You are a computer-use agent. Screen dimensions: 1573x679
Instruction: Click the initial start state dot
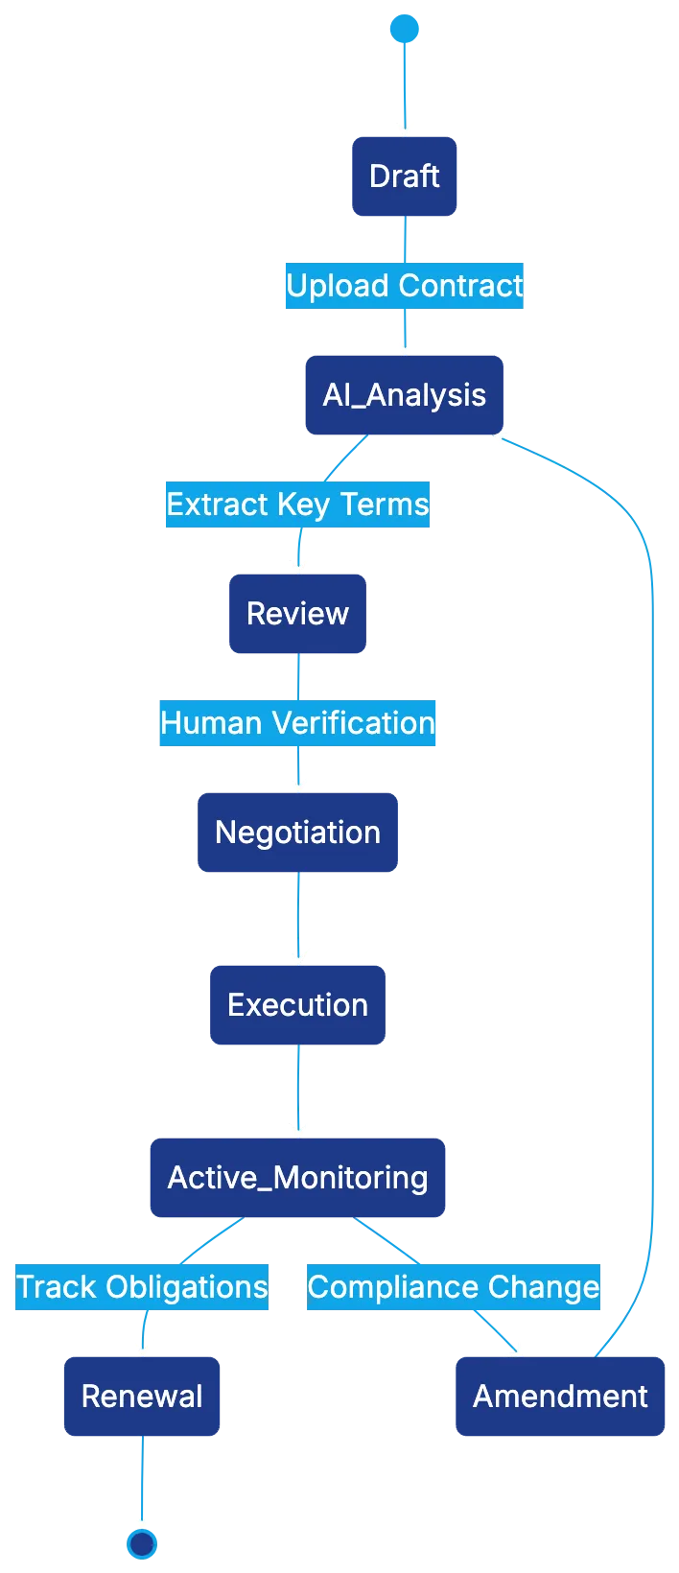click(405, 29)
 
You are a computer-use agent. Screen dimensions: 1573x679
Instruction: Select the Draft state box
click(404, 176)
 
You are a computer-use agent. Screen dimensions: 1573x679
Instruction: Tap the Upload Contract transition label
click(405, 286)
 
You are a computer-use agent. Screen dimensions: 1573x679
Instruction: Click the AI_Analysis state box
click(404, 395)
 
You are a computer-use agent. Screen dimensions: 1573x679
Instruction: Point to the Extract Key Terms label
click(296, 505)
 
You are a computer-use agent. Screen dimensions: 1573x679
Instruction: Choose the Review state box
click(297, 614)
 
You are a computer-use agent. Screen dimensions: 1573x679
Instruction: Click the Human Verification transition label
click(297, 723)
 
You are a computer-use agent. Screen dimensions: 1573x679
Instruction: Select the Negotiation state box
click(297, 833)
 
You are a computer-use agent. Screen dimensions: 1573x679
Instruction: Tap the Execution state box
click(297, 1005)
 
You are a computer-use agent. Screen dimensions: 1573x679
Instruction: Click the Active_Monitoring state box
click(297, 1178)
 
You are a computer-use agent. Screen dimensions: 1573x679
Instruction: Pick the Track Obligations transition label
click(142, 1287)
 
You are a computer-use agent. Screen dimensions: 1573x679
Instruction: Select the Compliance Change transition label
click(454, 1287)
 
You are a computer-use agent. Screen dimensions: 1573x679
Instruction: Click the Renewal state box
click(142, 1397)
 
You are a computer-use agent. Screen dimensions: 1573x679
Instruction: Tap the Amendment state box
click(560, 1397)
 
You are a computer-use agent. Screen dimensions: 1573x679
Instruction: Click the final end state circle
click(142, 1543)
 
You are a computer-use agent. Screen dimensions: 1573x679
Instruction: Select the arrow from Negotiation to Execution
click(298, 916)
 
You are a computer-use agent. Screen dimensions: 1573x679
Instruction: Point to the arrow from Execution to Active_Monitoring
click(298, 1089)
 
